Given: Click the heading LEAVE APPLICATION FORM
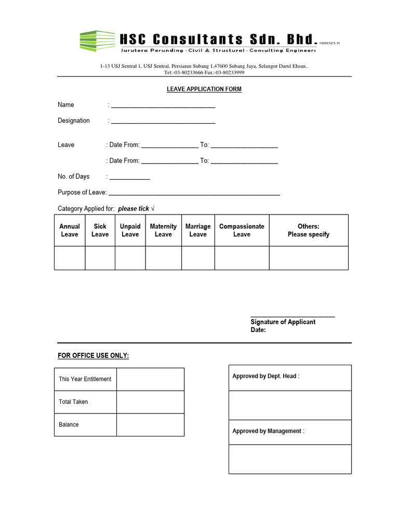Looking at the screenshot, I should pyautogui.click(x=204, y=89).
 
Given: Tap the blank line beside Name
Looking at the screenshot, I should pyautogui.click(x=163, y=105).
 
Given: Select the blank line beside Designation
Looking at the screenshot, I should pyautogui.click(x=163, y=121).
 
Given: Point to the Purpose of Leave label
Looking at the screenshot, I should pyautogui.click(x=82, y=193).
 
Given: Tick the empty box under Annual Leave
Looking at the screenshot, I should pyautogui.click(x=70, y=258).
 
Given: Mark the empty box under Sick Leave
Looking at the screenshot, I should pyautogui.click(x=100, y=258).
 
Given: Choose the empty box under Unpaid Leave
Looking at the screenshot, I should pyautogui.click(x=130, y=258).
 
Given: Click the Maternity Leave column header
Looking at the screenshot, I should pyautogui.click(x=163, y=231).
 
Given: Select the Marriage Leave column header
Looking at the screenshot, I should pyautogui.click(x=198, y=231).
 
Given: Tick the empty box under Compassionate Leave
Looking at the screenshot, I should pyautogui.click(x=242, y=258).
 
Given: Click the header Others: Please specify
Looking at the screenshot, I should pyautogui.click(x=309, y=231).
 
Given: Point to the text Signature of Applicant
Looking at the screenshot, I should pyautogui.click(x=283, y=322).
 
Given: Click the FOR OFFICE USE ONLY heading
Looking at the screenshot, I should pyautogui.click(x=93, y=355).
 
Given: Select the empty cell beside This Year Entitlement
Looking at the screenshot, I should pyautogui.click(x=150, y=379).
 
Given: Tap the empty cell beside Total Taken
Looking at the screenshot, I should pyautogui.click(x=150, y=402).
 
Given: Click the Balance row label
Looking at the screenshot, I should pyautogui.click(x=69, y=424).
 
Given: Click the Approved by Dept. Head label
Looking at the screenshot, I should pyautogui.click(x=265, y=376).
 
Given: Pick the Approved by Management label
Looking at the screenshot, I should pyautogui.click(x=268, y=431).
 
